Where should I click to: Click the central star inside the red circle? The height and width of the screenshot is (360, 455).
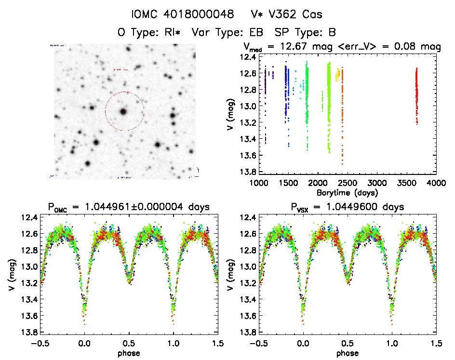[123, 111]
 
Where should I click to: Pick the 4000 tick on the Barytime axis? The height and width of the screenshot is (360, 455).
[436, 183]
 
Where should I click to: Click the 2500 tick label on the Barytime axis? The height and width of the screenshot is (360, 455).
[347, 183]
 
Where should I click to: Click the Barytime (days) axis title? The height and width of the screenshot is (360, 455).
[347, 192]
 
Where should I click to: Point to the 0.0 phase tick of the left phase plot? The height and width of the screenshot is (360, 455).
[85, 343]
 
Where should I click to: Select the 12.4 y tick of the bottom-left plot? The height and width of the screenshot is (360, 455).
[28, 218]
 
